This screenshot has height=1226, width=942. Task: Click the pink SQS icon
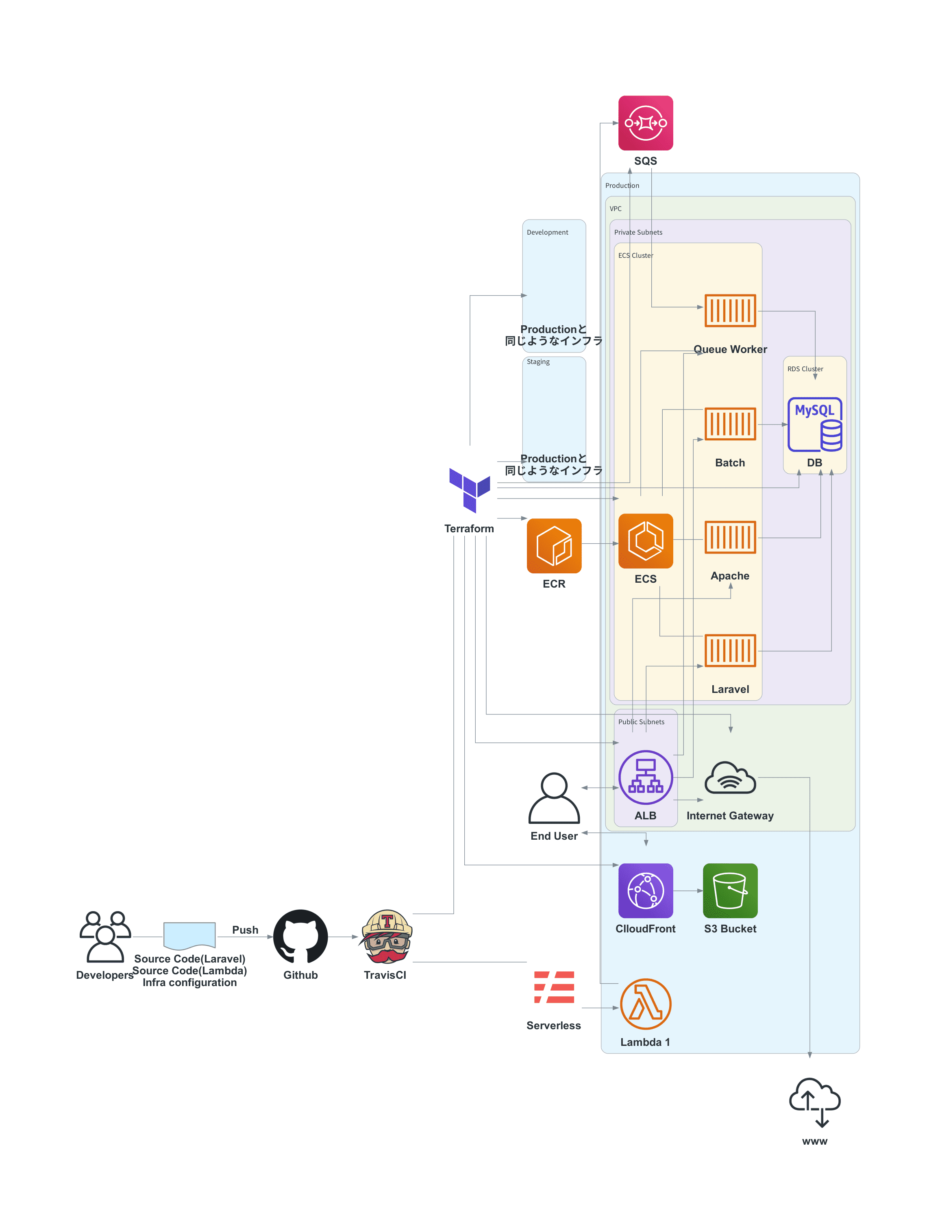tap(645, 123)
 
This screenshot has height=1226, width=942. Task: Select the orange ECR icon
tap(554, 545)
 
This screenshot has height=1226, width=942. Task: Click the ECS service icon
tap(645, 541)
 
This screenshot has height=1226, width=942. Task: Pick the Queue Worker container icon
tap(730, 310)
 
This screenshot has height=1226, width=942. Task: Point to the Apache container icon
tap(730, 537)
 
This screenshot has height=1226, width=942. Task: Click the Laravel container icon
tap(730, 650)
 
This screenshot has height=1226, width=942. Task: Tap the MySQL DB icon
tap(815, 424)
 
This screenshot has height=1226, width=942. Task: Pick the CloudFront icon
tap(645, 890)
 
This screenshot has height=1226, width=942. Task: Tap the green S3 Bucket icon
tap(730, 890)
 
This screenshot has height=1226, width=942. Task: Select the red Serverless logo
tap(554, 986)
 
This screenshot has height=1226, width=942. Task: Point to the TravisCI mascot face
tap(387, 936)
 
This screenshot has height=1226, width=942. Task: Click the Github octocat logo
tap(300, 936)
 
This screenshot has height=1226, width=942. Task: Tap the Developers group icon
tap(105, 936)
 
